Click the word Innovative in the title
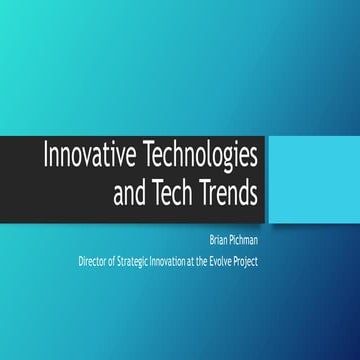pos(83,156)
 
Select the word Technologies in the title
pos(199,156)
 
